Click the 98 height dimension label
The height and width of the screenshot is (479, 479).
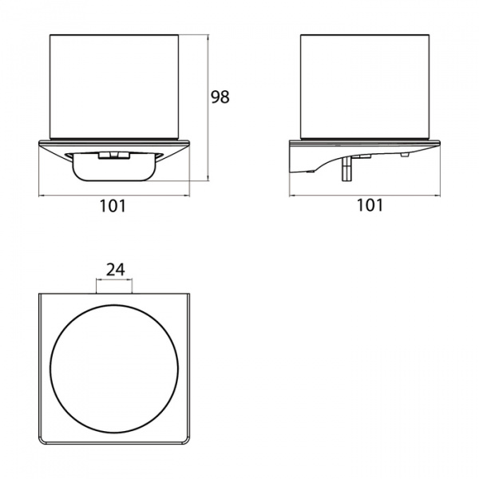click(220, 97)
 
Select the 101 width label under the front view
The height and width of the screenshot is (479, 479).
click(113, 206)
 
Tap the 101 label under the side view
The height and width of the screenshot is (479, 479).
click(370, 205)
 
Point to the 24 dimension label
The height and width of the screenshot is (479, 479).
click(116, 270)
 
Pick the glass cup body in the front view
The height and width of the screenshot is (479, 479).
click(115, 87)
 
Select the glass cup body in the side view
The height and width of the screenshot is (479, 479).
click(365, 87)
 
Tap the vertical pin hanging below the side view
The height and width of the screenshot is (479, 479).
click(347, 168)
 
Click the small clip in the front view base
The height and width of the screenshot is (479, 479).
click(114, 156)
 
